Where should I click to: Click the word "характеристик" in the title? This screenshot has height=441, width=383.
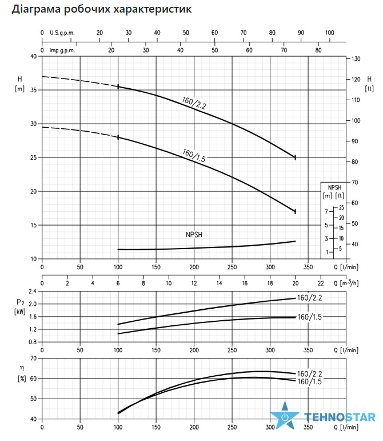click(153, 9)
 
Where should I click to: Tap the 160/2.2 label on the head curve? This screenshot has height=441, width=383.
click(194, 103)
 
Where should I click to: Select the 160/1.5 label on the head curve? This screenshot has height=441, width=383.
click(194, 155)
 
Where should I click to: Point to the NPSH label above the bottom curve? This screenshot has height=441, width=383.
click(194, 235)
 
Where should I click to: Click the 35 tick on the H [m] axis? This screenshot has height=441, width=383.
click(34, 90)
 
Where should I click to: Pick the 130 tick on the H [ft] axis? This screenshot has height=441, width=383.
click(356, 59)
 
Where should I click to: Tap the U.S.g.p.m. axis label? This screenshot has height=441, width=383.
click(62, 33)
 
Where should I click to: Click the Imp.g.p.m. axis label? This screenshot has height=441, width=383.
click(62, 50)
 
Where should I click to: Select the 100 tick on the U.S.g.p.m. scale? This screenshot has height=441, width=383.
click(330, 33)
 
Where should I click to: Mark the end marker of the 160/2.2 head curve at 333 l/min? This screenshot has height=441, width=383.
click(295, 157)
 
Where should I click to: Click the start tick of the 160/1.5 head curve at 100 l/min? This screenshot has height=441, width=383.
click(118, 137)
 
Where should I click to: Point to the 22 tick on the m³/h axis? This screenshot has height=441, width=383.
click(321, 283)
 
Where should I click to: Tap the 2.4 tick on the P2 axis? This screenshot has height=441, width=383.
click(33, 292)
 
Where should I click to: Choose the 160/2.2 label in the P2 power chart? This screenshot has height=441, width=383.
click(309, 298)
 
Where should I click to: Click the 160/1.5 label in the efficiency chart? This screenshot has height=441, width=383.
click(309, 381)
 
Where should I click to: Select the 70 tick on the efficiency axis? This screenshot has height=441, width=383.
click(34, 359)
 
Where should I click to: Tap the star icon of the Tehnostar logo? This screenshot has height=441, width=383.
click(285, 415)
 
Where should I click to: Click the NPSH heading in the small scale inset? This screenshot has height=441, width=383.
click(335, 188)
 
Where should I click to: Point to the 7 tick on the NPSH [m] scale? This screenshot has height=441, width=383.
click(326, 211)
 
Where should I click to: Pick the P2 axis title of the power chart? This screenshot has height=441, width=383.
click(20, 302)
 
